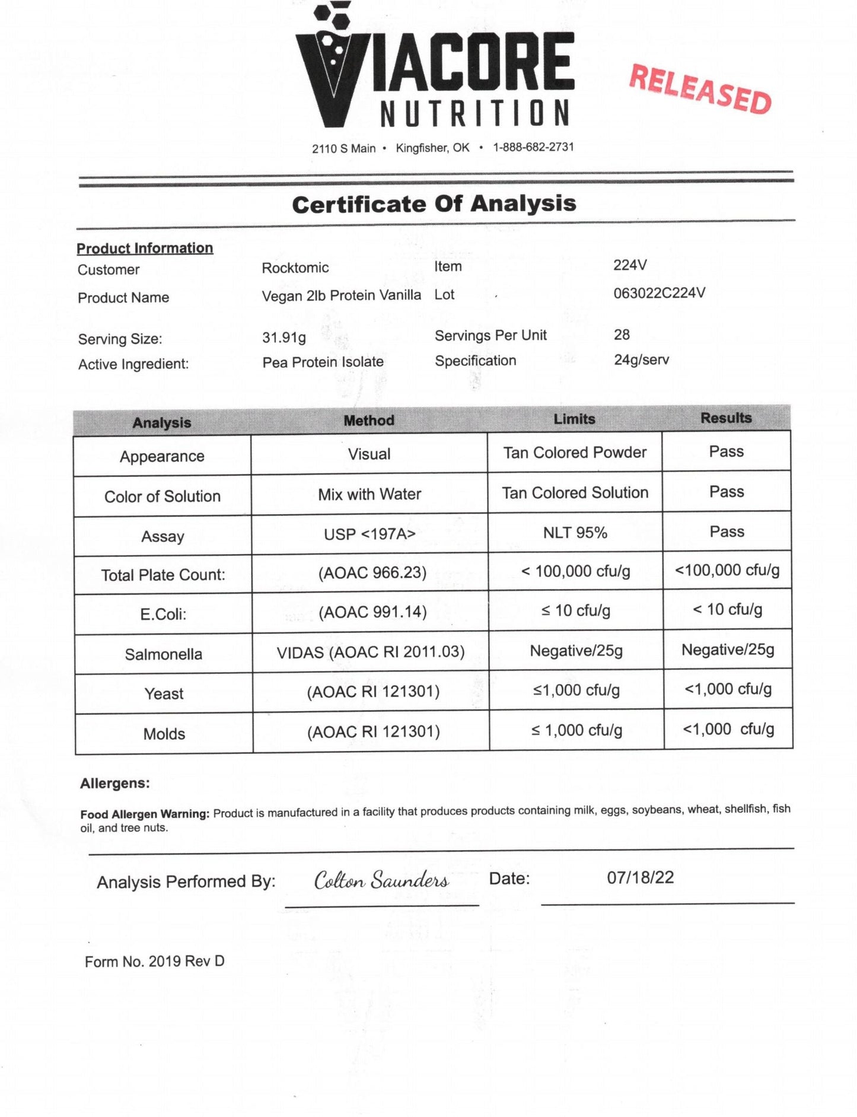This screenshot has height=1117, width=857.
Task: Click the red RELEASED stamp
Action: click(700, 89)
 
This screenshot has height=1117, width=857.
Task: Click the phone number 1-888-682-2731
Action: click(533, 147)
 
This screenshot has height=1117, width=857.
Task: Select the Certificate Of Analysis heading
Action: click(434, 204)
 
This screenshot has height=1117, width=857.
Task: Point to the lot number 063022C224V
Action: click(659, 293)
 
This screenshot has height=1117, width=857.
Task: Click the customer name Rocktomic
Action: click(295, 268)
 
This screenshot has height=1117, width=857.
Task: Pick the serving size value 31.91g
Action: click(284, 338)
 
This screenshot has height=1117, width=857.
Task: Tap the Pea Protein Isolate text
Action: click(323, 362)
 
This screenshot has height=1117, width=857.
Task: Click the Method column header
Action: click(369, 421)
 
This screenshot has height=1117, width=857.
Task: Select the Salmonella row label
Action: click(163, 654)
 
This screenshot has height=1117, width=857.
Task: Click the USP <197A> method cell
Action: click(369, 534)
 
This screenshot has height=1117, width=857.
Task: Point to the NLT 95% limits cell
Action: click(575, 533)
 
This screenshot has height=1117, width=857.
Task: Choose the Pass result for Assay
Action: click(727, 532)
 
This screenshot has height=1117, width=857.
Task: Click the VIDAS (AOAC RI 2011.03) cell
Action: click(371, 652)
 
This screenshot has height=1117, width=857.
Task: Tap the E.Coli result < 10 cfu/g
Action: click(727, 609)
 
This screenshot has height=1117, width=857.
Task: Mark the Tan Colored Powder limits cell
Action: click(574, 453)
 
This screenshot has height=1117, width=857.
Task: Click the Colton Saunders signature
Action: click(381, 880)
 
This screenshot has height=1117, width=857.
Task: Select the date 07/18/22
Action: click(640, 877)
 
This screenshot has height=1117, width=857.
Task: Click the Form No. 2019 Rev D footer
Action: click(154, 961)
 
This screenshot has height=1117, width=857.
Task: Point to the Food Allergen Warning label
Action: click(145, 814)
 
